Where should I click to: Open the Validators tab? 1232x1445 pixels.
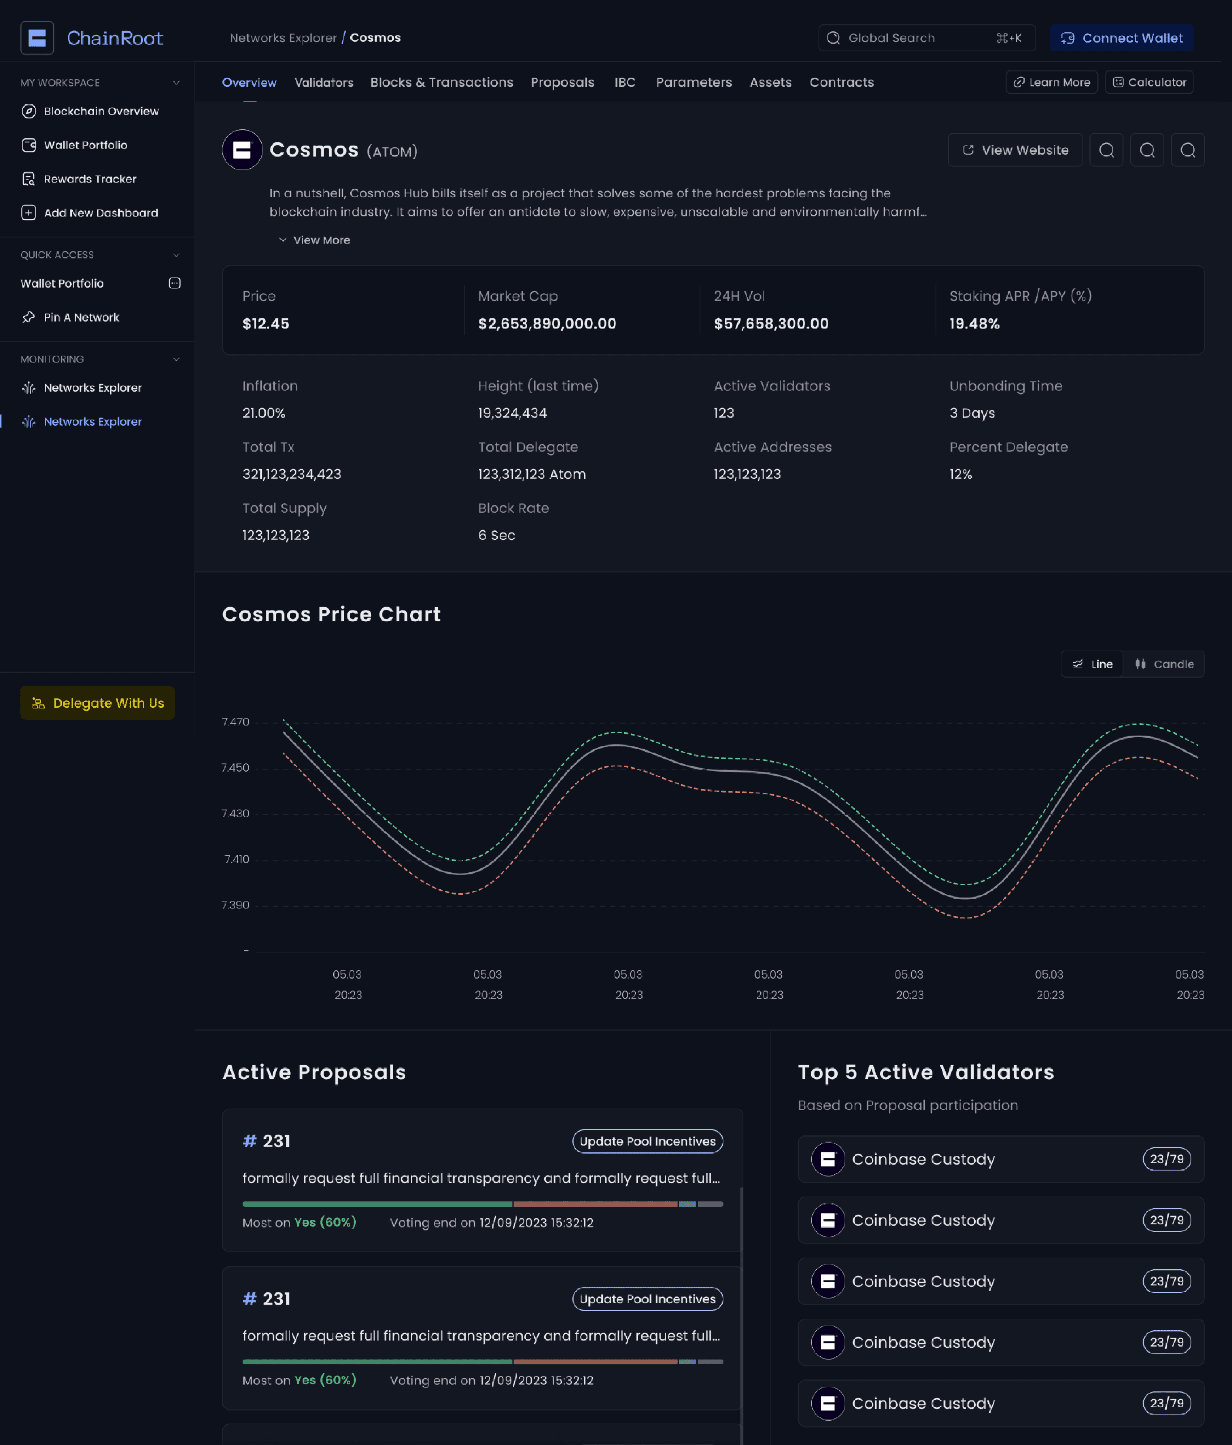[x=324, y=82]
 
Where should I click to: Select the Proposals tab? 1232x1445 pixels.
[x=562, y=82]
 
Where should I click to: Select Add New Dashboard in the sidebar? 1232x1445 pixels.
[x=101, y=213]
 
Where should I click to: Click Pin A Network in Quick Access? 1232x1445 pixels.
[x=81, y=317]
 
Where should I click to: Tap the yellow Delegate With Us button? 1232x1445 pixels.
[x=98, y=703]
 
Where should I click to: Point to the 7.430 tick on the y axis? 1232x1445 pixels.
[x=235, y=813]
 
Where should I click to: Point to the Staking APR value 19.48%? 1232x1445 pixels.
[x=974, y=324]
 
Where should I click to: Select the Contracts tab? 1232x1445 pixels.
[x=841, y=82]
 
